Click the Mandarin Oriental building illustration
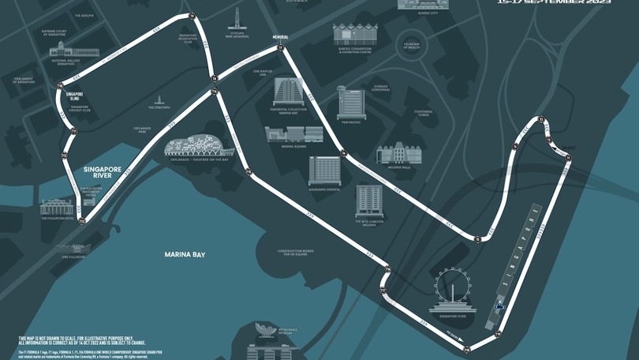tap(325, 170)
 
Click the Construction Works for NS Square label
tap(291, 252)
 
